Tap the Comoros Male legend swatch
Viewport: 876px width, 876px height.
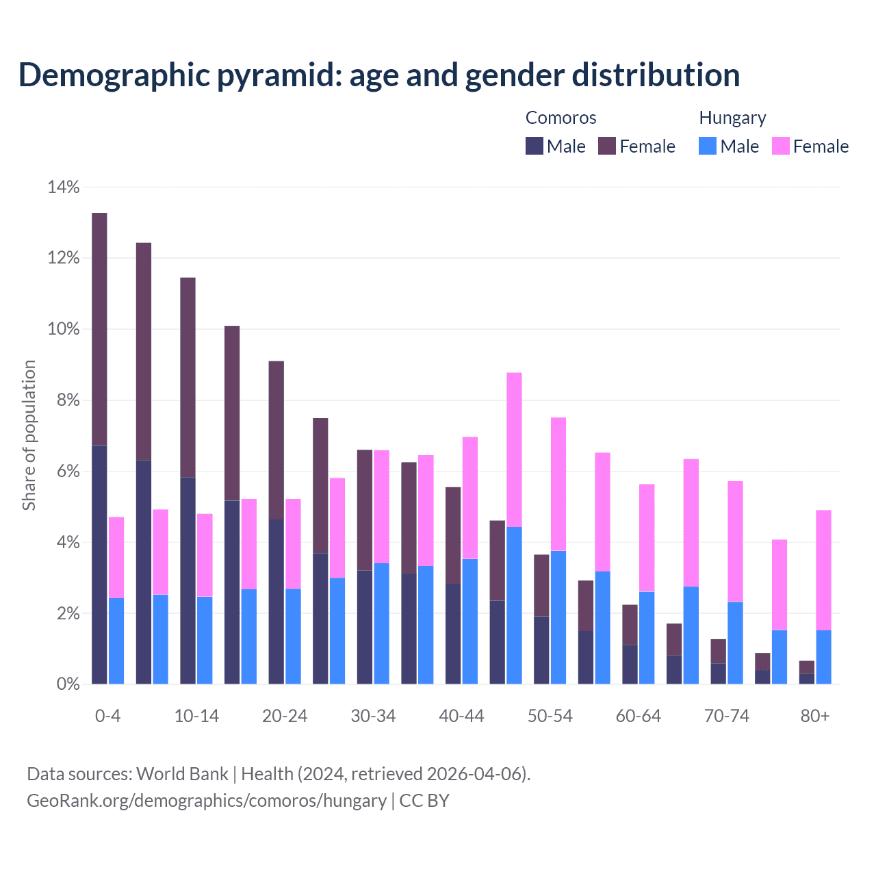tap(534, 146)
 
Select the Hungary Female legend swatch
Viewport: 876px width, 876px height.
tap(781, 146)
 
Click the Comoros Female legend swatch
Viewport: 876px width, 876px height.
tap(607, 146)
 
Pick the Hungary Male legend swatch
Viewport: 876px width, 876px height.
tap(708, 146)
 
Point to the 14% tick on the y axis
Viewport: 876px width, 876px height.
tap(64, 187)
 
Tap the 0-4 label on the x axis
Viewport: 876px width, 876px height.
tap(107, 716)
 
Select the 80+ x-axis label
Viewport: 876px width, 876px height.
tap(815, 716)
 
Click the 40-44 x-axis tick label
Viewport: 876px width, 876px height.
tap(461, 716)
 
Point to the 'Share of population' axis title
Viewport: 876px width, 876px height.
tap(29, 435)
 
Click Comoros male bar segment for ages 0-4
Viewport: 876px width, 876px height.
tap(99, 565)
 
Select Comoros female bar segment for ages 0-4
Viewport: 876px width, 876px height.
tap(99, 329)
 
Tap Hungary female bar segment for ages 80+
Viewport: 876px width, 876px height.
tap(824, 570)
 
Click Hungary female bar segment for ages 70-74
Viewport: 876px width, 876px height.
tap(735, 541)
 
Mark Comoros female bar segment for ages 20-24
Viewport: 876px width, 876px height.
tap(276, 440)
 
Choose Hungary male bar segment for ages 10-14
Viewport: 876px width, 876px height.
tap(205, 640)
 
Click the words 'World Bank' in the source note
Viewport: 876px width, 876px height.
tap(182, 774)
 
